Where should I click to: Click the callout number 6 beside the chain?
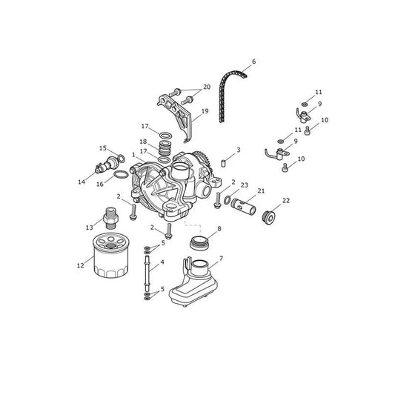253,62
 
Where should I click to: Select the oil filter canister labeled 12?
111,256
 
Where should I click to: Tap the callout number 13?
90,228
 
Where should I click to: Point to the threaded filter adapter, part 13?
110,218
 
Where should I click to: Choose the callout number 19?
205,111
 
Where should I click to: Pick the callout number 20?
207,87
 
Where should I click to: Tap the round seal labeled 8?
199,242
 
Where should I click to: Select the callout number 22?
286,201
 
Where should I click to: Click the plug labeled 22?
269,218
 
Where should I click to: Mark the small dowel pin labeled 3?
223,163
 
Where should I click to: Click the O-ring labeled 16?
122,174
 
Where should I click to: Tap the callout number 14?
82,182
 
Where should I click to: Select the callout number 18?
143,142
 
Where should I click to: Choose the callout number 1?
133,154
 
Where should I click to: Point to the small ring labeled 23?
227,200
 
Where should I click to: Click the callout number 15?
103,148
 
